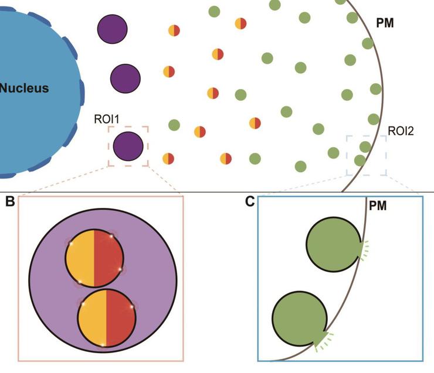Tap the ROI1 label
tap(107, 119)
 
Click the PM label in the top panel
tap(385, 24)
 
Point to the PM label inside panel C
tap(377, 206)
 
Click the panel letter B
tap(9, 202)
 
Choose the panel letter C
tap(250, 202)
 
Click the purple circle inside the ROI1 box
tap(128, 146)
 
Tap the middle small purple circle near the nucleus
tap(126, 77)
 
